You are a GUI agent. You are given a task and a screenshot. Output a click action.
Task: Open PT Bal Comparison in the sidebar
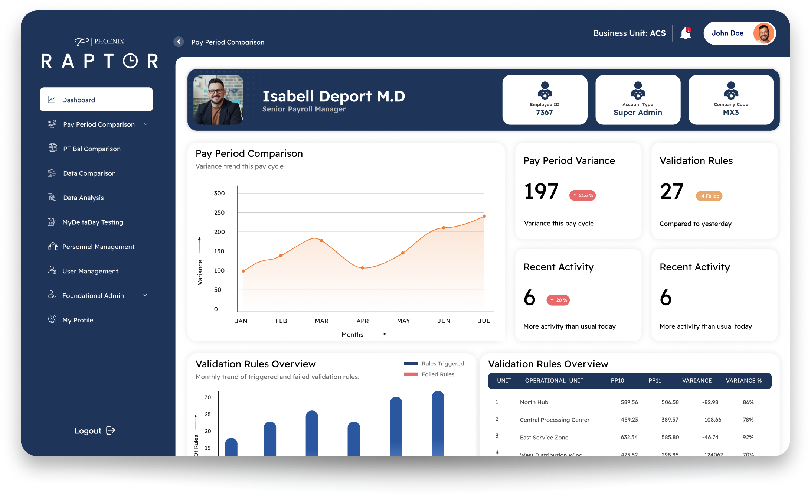(x=91, y=149)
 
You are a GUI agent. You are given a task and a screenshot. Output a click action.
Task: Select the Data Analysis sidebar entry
(x=83, y=198)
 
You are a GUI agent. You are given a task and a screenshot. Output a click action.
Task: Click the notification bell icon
(x=685, y=33)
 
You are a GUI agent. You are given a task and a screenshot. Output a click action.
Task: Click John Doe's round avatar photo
(x=763, y=33)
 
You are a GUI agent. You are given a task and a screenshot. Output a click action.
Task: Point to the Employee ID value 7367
(x=544, y=113)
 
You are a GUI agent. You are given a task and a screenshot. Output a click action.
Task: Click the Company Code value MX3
(x=730, y=113)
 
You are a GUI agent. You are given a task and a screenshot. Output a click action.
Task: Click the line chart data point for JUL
(x=484, y=216)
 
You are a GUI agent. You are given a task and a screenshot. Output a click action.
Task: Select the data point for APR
(x=362, y=268)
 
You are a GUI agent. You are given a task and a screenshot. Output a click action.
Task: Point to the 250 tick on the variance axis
(x=219, y=212)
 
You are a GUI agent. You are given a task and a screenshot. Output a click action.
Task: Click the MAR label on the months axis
(x=321, y=321)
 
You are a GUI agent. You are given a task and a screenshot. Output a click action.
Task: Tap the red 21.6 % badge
(x=582, y=195)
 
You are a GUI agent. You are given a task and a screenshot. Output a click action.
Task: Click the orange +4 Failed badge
(x=709, y=196)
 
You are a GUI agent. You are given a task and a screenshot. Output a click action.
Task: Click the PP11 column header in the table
(x=655, y=381)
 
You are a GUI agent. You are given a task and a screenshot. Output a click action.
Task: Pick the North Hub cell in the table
(x=534, y=402)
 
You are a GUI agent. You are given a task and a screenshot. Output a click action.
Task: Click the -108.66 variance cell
(x=711, y=420)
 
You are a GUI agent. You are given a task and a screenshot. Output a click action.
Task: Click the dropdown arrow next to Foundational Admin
(x=145, y=295)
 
